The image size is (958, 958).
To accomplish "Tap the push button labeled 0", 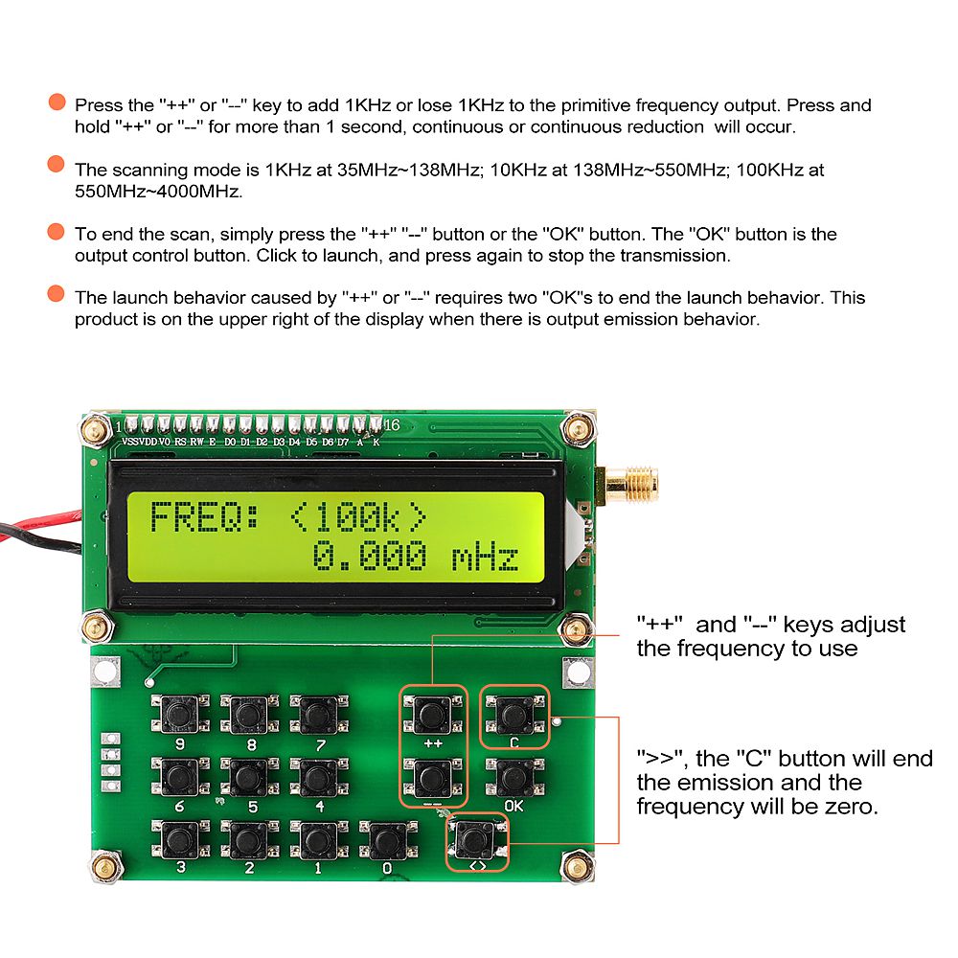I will click(386, 840).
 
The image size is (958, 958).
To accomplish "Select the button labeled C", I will click(514, 714).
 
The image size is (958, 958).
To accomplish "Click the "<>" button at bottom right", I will click(476, 840).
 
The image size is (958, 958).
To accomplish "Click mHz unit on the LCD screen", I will click(486, 557).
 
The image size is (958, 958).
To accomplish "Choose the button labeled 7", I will click(319, 714).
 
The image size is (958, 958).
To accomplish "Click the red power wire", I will click(38, 525).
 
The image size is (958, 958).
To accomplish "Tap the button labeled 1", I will click(319, 840).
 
